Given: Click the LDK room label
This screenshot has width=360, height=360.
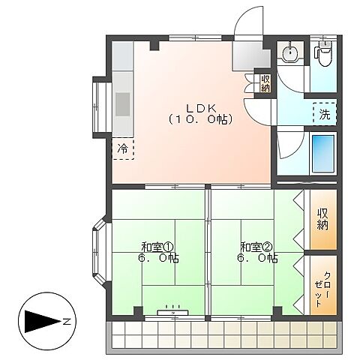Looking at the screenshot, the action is [x=201, y=108].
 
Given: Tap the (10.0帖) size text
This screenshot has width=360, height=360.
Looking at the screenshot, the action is [x=201, y=119].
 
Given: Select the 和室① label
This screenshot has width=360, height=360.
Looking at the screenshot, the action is [x=157, y=247].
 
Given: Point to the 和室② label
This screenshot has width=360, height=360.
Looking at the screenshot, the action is [x=256, y=247].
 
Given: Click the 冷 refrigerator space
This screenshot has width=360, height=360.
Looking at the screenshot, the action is [x=123, y=149].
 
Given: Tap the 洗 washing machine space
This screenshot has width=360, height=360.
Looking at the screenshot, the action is [x=325, y=114].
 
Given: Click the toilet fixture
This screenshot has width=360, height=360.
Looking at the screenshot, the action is [x=325, y=53].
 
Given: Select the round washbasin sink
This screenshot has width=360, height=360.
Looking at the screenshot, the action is [x=289, y=52].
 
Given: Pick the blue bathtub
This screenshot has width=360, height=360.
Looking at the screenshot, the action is [x=323, y=154].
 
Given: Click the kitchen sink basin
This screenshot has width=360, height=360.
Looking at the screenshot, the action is [x=123, y=104].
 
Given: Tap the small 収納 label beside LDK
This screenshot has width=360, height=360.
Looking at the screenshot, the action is [x=265, y=83].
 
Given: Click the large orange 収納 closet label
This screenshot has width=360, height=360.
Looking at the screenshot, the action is [x=322, y=219].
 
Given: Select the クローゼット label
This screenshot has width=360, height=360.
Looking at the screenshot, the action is [x=322, y=289].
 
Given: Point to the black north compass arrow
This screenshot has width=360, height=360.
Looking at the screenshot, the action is [x=43, y=322].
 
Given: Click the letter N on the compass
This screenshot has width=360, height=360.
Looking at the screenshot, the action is [x=66, y=322].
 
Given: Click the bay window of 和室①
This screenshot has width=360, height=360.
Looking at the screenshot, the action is [x=99, y=251].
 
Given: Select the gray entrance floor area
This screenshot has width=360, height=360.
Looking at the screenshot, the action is [x=251, y=56].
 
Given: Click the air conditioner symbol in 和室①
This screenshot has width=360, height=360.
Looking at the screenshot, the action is [x=172, y=312].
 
